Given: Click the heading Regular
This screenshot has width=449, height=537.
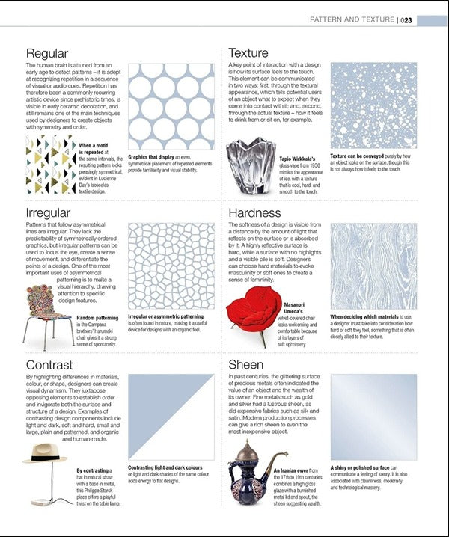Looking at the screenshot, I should coord(47,53).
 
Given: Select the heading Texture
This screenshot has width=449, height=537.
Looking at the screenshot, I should coord(248,53).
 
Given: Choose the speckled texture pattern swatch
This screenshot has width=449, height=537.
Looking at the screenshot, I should coord(373,105).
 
